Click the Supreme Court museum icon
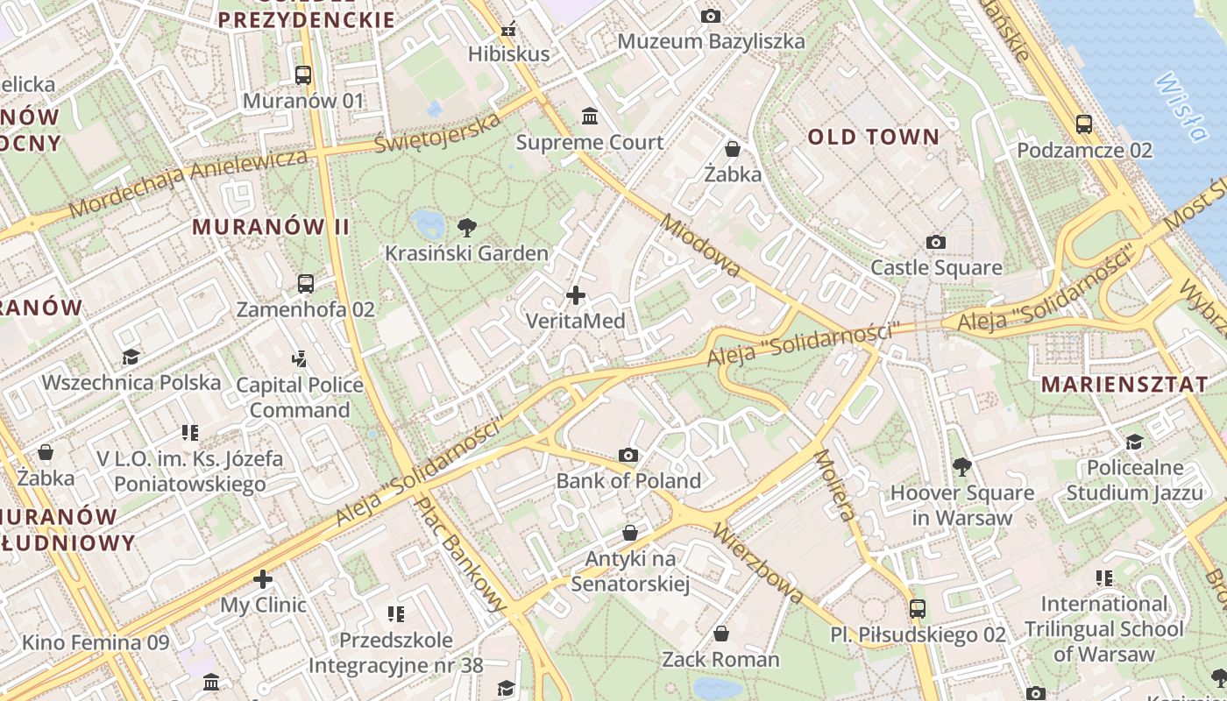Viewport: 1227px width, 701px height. (590, 116)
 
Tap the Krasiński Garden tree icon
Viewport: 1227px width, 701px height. (467, 228)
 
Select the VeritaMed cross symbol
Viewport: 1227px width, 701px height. (576, 295)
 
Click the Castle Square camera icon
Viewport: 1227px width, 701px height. (936, 242)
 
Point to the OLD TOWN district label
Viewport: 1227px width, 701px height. (873, 137)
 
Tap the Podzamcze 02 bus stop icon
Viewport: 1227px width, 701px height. (1084, 124)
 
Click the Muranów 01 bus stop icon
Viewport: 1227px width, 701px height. (303, 75)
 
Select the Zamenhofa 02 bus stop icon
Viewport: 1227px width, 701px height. (305, 284)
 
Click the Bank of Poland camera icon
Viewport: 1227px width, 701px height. (628, 455)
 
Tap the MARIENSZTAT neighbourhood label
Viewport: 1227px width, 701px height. (1124, 384)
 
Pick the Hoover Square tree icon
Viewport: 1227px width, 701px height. (962, 466)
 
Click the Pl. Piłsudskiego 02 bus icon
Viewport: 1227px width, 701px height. (918, 608)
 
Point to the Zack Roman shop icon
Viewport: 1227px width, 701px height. (720, 634)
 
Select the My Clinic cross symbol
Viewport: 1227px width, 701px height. (263, 579)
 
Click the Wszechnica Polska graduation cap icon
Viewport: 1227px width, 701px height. (131, 357)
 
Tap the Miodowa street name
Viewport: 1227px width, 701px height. (700, 245)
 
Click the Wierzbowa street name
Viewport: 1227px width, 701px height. (757, 563)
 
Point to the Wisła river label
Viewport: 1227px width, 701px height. (1181, 106)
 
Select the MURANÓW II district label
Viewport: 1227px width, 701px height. (271, 227)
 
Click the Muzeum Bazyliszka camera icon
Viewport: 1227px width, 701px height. (711, 16)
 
